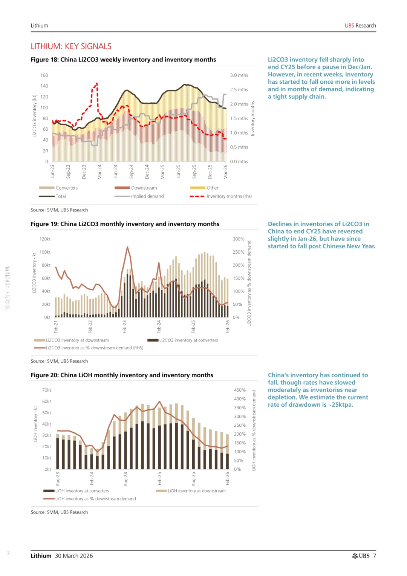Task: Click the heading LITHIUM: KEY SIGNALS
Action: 71,46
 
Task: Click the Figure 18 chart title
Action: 123,60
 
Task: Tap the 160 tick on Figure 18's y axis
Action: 44,75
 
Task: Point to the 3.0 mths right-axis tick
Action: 239,75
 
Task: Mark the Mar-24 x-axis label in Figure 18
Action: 99,172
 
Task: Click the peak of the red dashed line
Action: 97,83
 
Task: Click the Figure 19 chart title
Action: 125,224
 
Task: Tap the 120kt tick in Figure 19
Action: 45,239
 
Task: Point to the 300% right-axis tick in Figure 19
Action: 239,239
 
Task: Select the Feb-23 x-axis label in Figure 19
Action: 125,326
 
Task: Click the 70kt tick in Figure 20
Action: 46,390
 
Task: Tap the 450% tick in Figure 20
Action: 240,390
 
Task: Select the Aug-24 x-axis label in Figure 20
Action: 125,479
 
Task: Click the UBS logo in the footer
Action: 361,556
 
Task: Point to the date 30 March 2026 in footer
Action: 74,556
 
